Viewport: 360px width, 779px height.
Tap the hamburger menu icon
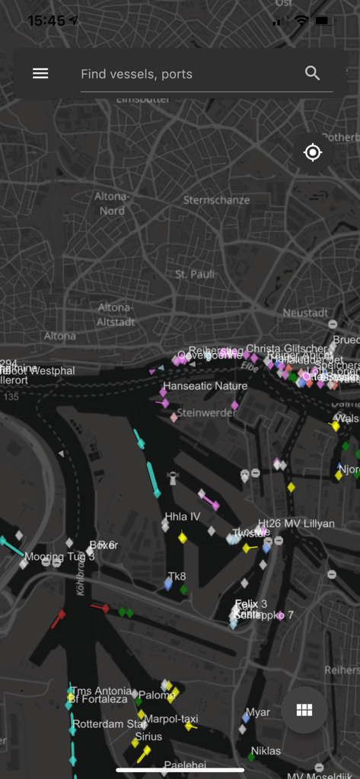click(40, 73)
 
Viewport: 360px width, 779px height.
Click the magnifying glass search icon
click(312, 73)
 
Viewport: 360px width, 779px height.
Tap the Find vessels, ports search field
click(183, 74)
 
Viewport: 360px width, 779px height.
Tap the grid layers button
click(304, 711)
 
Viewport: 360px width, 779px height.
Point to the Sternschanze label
click(216, 200)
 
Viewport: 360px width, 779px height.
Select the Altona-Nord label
click(112, 203)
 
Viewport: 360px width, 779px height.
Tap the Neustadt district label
click(305, 313)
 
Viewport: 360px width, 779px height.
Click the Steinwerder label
click(207, 413)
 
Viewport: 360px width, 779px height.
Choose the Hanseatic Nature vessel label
click(205, 386)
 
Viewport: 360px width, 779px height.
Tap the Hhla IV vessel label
click(183, 517)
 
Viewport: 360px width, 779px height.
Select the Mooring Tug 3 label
click(60, 557)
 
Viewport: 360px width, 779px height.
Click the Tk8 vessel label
click(177, 577)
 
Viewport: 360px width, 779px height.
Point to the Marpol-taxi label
click(171, 718)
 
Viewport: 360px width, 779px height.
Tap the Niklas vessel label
click(266, 751)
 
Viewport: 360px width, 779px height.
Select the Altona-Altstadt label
click(115, 314)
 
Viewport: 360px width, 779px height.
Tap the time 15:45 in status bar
click(46, 21)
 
